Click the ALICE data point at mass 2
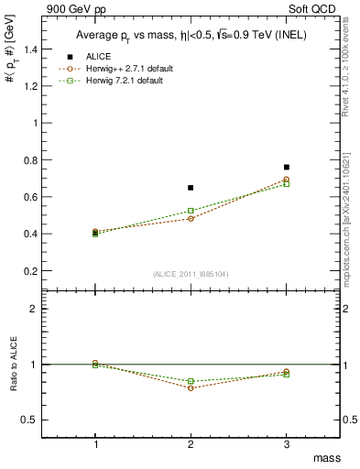pyautogui.click(x=191, y=188)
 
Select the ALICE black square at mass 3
pyautogui.click(x=287, y=168)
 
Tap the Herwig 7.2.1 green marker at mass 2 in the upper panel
pyautogui.click(x=191, y=211)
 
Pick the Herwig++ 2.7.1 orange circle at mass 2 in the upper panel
pyautogui.click(x=191, y=219)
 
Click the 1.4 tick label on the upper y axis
pyautogui.click(x=40, y=49)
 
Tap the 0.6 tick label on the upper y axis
pyautogui.click(x=40, y=197)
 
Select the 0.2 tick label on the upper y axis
pyautogui.click(x=40, y=271)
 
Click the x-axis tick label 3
pyautogui.click(x=287, y=443)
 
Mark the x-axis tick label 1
pyautogui.click(x=95, y=443)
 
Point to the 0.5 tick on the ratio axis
pyautogui.click(x=40, y=420)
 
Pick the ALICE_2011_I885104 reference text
pyautogui.click(x=191, y=273)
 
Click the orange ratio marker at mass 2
pyautogui.click(x=191, y=387)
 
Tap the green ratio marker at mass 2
pyautogui.click(x=191, y=381)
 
